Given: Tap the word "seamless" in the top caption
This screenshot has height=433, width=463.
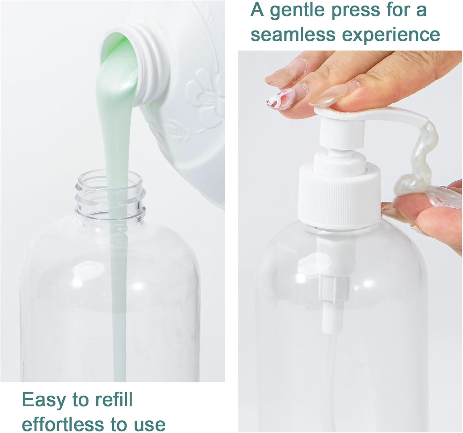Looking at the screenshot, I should [293, 35].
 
